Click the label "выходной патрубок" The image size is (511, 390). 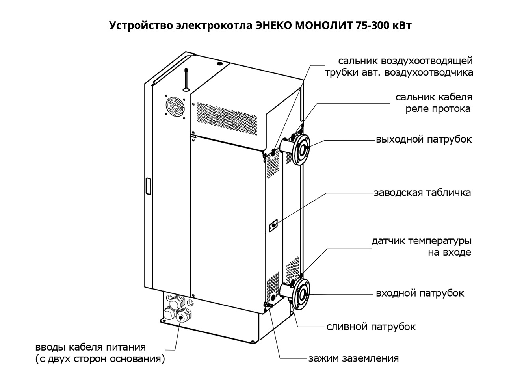pos(424,139)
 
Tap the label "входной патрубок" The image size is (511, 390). pos(420,293)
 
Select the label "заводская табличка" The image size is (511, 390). pos(422,193)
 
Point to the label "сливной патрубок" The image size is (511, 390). pos(371,327)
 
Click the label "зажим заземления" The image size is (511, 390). pos(354,358)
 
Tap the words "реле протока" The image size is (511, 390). pos(438,109)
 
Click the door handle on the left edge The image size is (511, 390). pos(148,186)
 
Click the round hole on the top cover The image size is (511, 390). pos(219,63)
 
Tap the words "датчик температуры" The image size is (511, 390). pos(421,240)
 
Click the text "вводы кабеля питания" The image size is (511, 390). pos(91,347)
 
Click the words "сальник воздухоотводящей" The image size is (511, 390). pos(405,61)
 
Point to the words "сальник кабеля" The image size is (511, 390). pos(434,97)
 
